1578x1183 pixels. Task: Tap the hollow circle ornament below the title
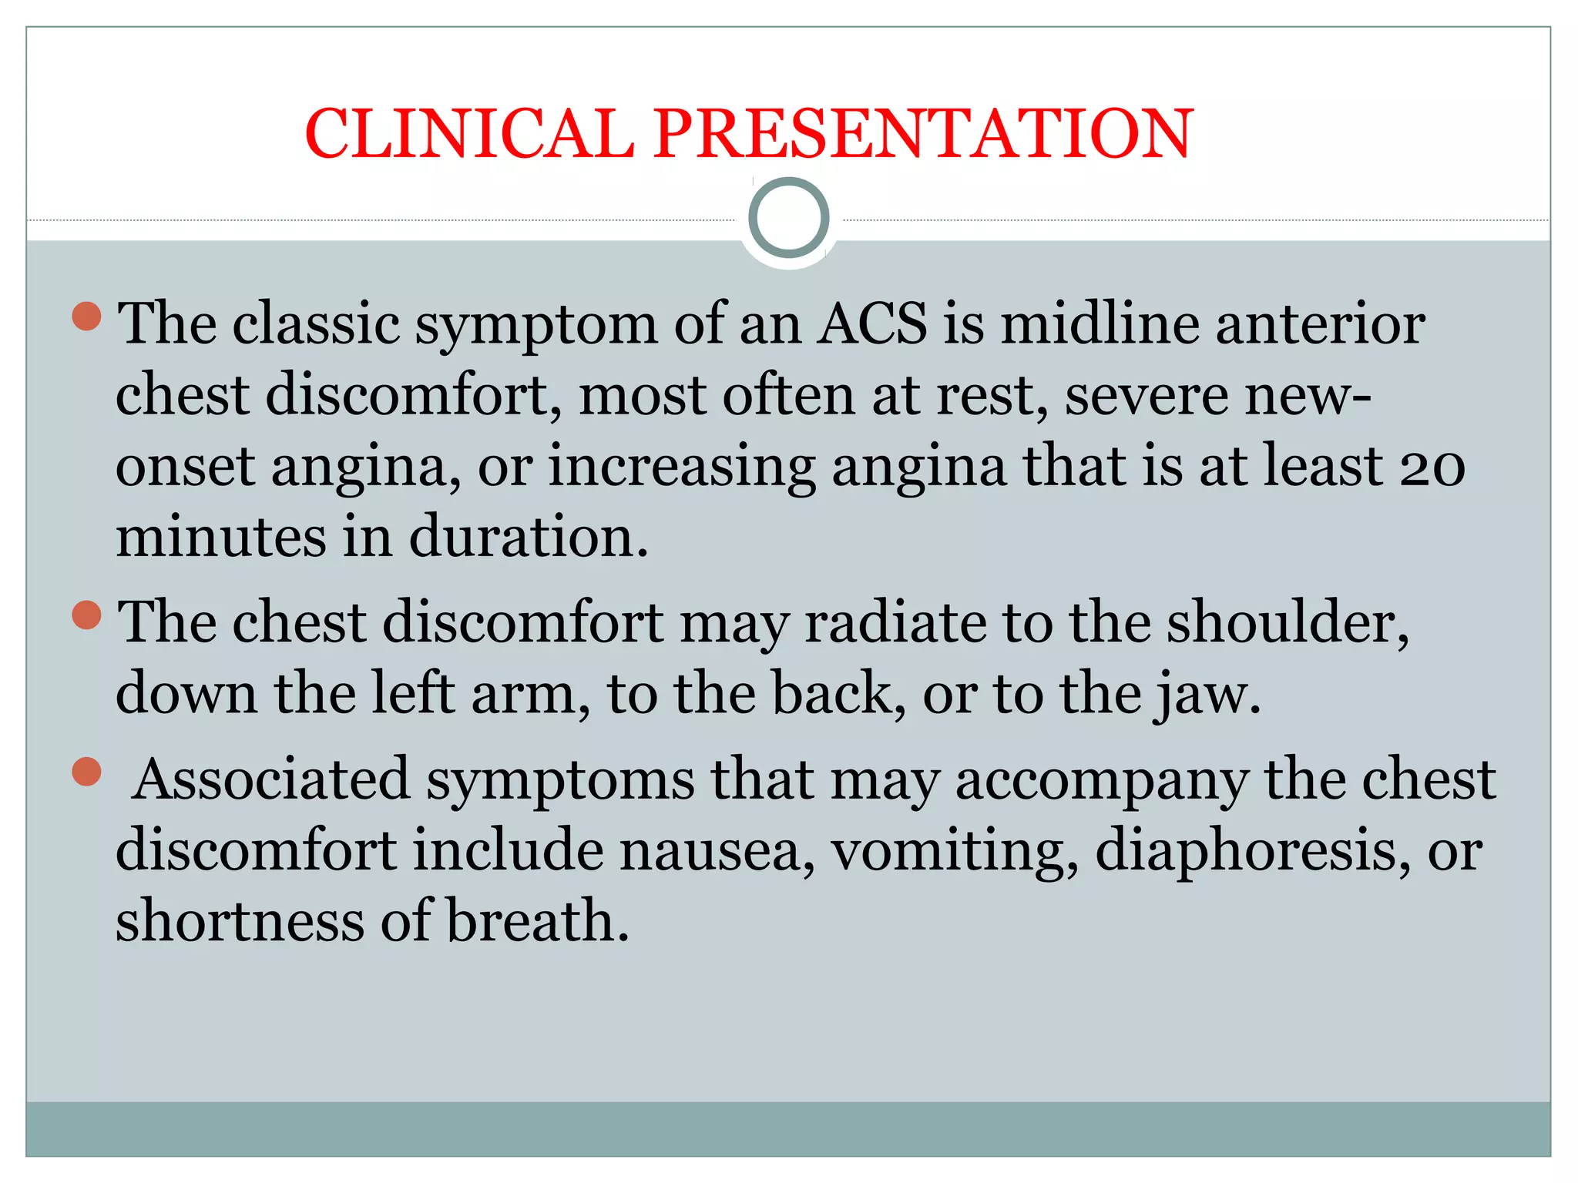pos(788,218)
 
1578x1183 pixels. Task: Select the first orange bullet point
pos(87,317)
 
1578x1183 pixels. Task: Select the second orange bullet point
pos(87,615)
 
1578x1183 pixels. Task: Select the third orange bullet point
pos(87,772)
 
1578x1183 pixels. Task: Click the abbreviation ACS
pos(872,323)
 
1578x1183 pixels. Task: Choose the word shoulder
pos(1287,622)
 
